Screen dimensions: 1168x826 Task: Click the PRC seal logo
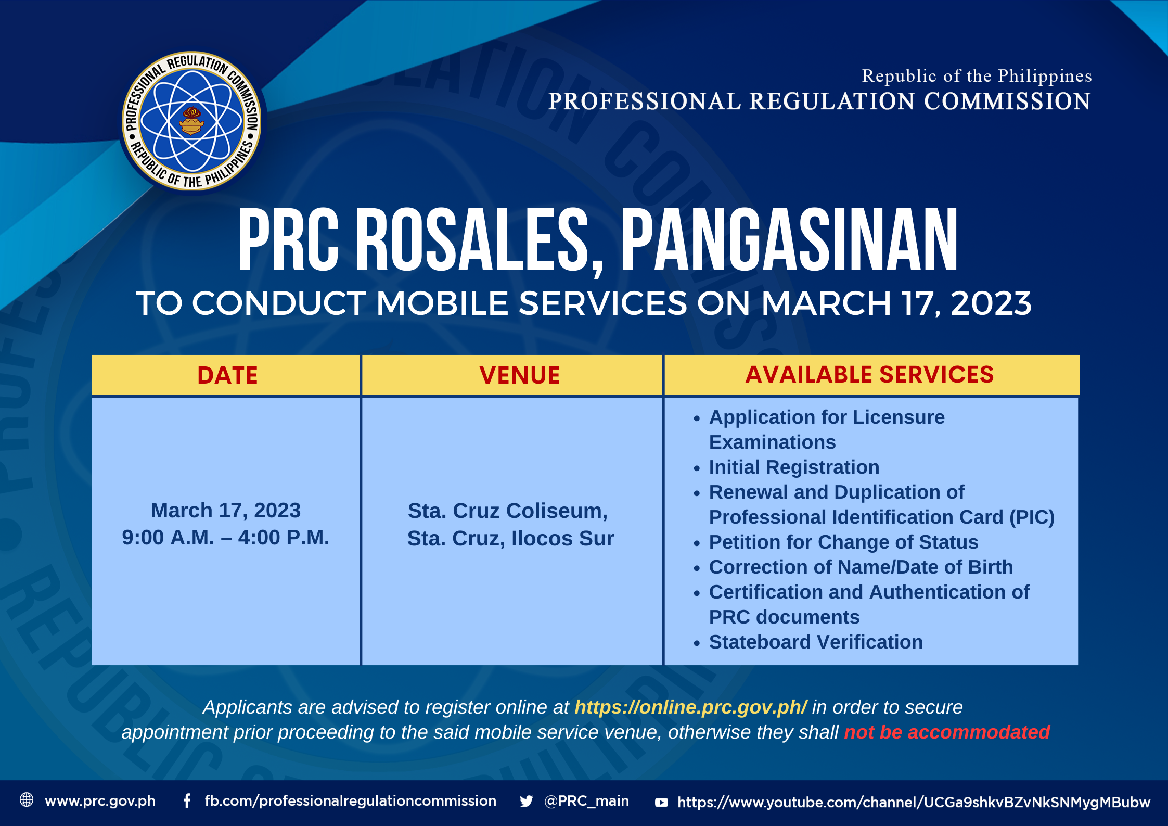click(192, 121)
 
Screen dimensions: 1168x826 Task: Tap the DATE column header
click(227, 375)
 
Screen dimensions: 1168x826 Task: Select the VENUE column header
click(520, 375)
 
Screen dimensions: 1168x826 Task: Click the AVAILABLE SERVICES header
click(869, 375)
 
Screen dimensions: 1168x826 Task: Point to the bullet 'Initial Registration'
click(794, 467)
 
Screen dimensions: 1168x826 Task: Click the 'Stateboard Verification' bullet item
click(816, 642)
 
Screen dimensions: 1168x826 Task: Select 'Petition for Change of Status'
click(843, 542)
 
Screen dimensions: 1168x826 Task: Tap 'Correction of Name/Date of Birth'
click(861, 567)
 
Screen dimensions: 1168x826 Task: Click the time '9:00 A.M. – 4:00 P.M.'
click(226, 538)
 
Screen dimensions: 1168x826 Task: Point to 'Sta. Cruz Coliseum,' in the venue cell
click(508, 511)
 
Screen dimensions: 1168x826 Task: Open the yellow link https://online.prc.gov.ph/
click(690, 707)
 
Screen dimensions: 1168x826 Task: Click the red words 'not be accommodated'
click(947, 732)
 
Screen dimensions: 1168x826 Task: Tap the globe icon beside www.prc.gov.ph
click(27, 800)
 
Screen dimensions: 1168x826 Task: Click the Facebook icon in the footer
click(187, 800)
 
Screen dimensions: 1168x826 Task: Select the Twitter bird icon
click(526, 801)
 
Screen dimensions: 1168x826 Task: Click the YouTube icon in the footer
click(661, 802)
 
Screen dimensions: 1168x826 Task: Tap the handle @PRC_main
click(586, 800)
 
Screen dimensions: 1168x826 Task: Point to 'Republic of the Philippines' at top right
click(977, 76)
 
